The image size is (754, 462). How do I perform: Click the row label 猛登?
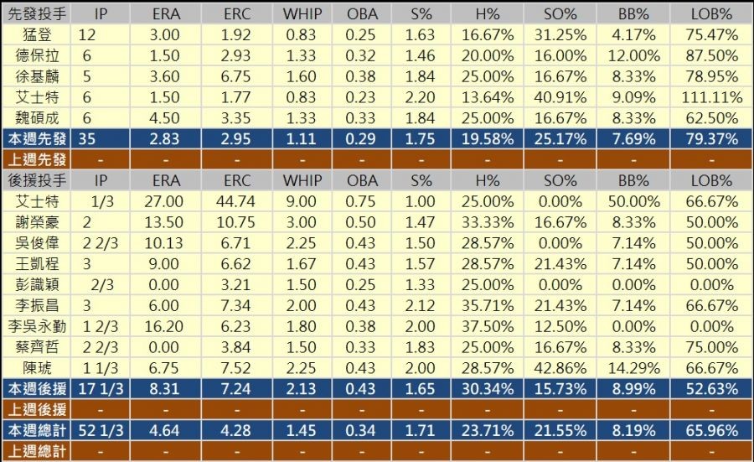(39, 35)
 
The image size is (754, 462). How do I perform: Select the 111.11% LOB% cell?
(711, 96)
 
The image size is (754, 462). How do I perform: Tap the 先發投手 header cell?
(39, 14)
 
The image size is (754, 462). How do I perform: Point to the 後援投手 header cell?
(39, 179)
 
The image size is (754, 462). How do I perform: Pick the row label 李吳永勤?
(39, 325)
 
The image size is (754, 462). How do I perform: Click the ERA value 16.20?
(165, 325)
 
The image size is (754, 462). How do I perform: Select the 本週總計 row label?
(39, 430)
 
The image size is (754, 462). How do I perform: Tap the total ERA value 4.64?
(165, 430)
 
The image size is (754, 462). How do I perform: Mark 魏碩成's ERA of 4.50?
(165, 117)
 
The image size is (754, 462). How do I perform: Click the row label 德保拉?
(39, 55)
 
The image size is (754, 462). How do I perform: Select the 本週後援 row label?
(39, 388)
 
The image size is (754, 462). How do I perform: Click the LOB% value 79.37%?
(711, 138)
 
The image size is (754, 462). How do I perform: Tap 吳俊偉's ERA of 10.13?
(165, 242)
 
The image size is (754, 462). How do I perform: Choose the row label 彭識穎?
(39, 283)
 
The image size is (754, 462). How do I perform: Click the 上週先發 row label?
(39, 158)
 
